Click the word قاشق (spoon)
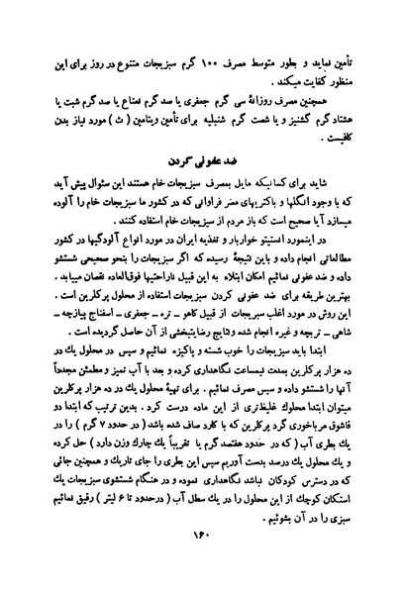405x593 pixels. tap(366, 447)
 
